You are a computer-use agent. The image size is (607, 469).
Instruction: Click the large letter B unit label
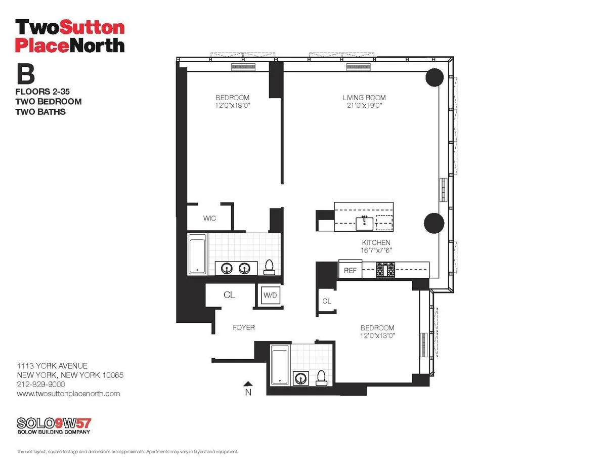click(26, 74)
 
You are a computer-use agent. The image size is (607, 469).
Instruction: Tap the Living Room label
click(364, 98)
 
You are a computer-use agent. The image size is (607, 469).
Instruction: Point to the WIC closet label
click(209, 218)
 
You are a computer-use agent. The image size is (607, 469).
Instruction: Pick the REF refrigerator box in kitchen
click(350, 271)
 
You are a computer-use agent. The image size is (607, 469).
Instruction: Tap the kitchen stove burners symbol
click(386, 270)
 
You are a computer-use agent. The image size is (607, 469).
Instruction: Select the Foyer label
click(243, 327)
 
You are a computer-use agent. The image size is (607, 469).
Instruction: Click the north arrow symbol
click(248, 384)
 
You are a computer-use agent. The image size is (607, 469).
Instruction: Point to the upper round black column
click(434, 77)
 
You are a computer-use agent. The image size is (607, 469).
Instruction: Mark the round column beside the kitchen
click(433, 223)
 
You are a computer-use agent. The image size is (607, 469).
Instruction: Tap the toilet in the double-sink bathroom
click(270, 267)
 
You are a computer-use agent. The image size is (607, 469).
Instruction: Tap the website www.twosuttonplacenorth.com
click(68, 394)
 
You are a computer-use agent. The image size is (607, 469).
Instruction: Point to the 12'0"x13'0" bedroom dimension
click(377, 335)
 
